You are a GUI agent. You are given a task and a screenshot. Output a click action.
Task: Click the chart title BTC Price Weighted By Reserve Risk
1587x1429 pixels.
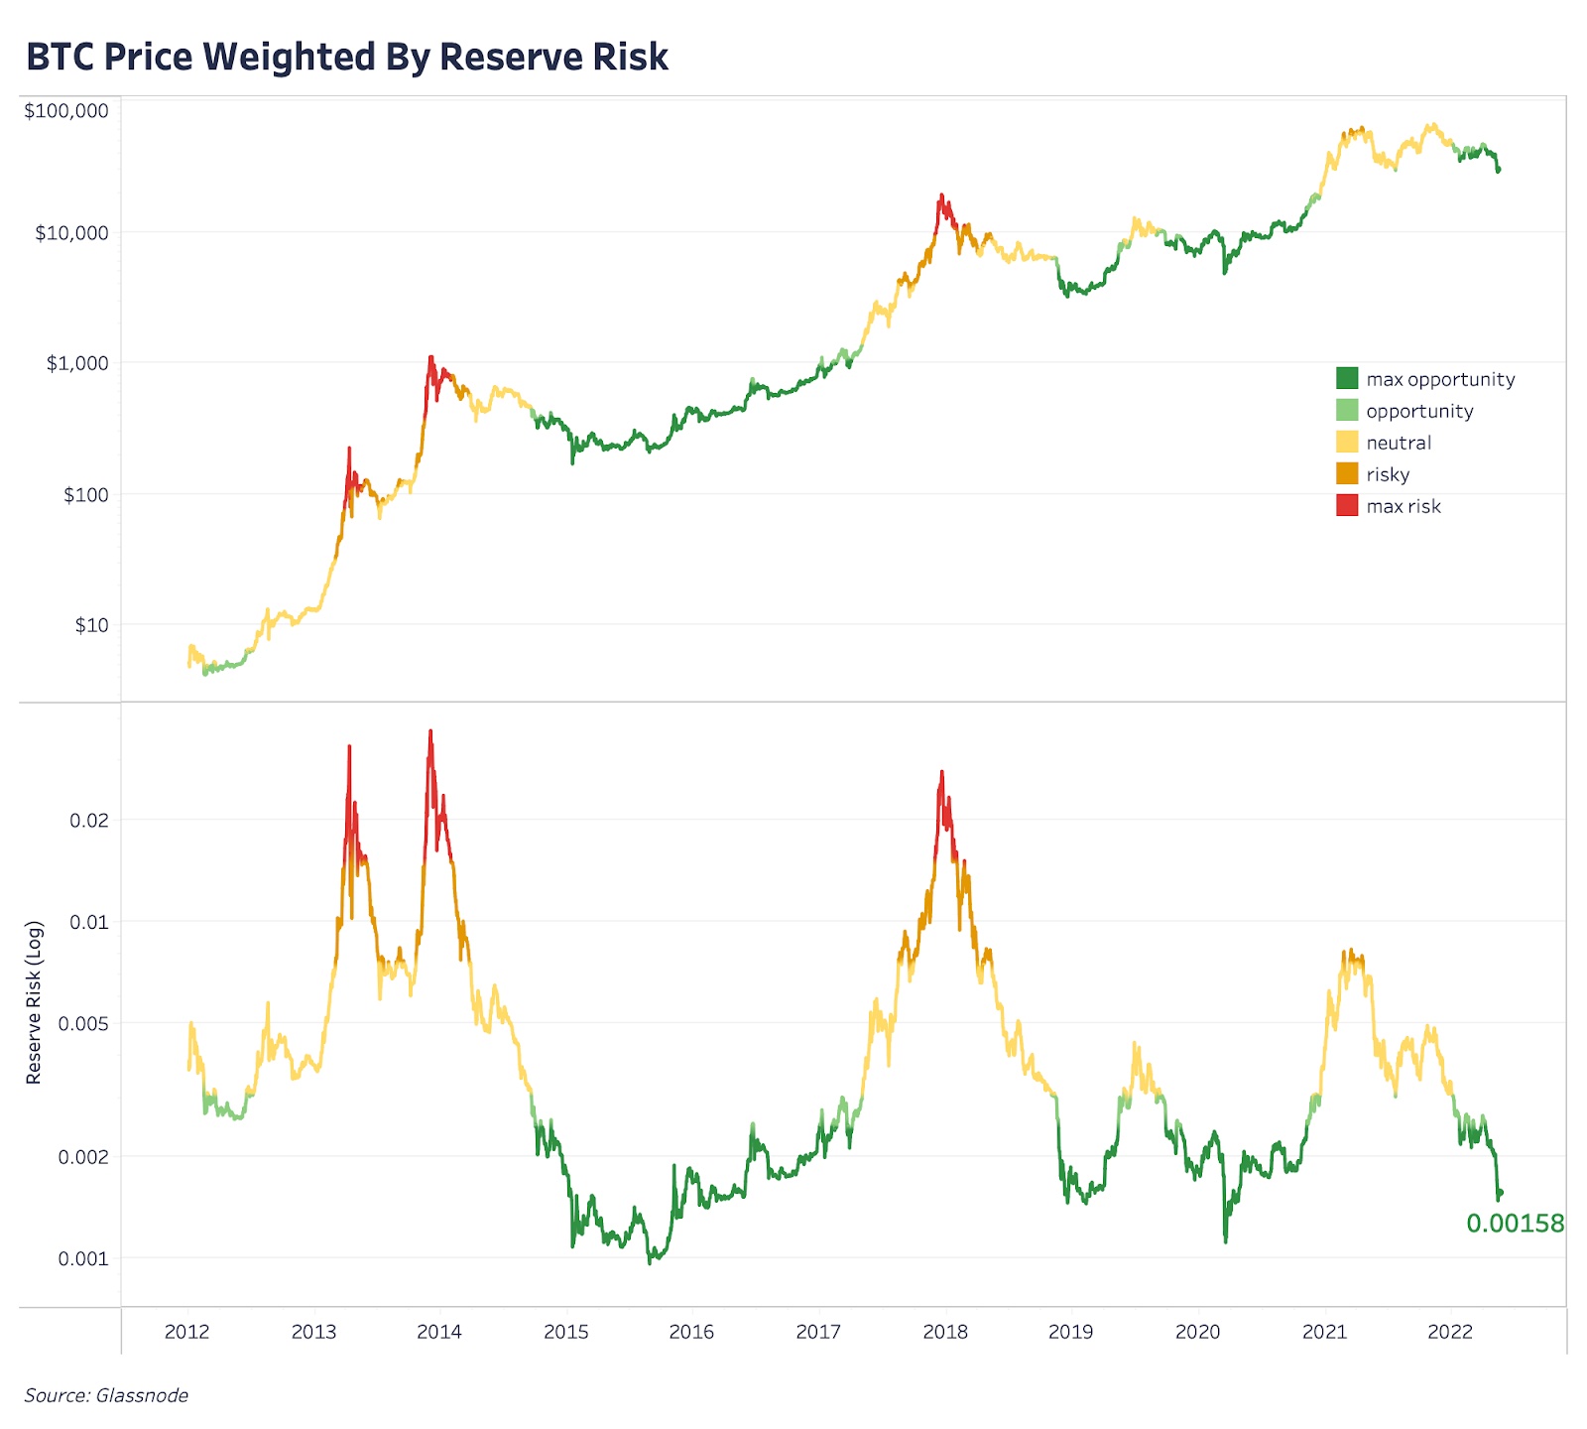point(347,58)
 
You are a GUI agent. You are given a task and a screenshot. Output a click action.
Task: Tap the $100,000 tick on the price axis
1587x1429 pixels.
point(66,111)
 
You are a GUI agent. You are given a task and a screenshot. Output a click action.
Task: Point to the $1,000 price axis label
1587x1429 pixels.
point(77,363)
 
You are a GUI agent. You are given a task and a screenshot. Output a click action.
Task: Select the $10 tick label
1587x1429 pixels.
point(91,625)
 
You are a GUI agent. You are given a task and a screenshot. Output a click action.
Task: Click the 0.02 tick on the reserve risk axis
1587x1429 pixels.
point(88,821)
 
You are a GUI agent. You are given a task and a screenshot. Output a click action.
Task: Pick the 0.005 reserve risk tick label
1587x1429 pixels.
point(83,1023)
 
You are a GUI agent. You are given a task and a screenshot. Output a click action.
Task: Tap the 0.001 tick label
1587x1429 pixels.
point(83,1258)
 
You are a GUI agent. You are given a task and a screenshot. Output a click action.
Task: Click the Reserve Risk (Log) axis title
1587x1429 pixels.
point(34,1002)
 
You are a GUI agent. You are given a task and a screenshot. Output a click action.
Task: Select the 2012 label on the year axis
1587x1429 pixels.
point(186,1332)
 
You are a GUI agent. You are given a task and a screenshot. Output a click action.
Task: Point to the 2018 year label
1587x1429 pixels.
point(945,1332)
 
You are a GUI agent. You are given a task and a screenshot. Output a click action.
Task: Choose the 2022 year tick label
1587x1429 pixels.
point(1450,1332)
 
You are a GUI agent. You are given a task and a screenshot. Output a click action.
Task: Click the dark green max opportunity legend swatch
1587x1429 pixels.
point(1347,378)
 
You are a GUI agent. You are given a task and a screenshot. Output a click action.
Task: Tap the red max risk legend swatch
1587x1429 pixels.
point(1347,505)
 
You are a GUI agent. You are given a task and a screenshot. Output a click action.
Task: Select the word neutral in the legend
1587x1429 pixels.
point(1399,443)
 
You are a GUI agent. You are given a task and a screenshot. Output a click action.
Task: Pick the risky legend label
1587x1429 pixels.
point(1388,474)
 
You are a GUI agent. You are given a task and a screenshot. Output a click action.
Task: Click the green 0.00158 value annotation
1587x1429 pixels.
point(1515,1224)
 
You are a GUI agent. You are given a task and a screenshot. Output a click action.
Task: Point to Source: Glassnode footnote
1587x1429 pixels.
point(106,1395)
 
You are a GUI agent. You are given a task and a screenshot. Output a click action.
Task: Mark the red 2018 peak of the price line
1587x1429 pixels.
point(941,195)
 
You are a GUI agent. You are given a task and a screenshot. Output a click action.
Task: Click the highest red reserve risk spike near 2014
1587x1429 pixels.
point(429,732)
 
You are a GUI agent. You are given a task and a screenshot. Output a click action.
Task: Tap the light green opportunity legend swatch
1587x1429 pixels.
point(1347,410)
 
